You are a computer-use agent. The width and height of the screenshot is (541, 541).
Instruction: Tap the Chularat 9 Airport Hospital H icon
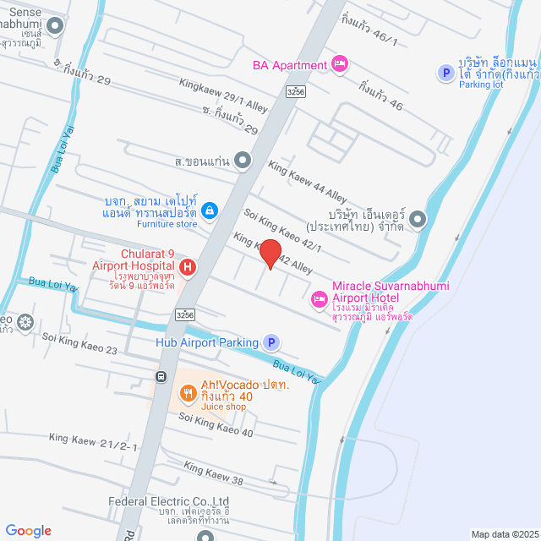point(188,269)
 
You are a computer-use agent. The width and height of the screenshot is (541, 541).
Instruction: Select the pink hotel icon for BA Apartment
point(340,64)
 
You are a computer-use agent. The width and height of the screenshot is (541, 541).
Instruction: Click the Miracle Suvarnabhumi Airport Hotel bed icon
point(320,298)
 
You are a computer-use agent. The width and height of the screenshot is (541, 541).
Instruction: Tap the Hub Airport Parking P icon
point(270,342)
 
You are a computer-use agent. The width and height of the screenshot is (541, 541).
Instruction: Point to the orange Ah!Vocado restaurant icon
point(188,393)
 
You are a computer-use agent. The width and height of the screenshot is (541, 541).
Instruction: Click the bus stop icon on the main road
point(161,376)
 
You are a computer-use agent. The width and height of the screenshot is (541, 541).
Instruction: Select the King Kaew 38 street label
point(214,474)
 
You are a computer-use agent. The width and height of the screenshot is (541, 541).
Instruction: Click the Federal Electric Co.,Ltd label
point(169,501)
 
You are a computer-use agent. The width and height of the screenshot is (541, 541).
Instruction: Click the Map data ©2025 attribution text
point(504,533)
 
